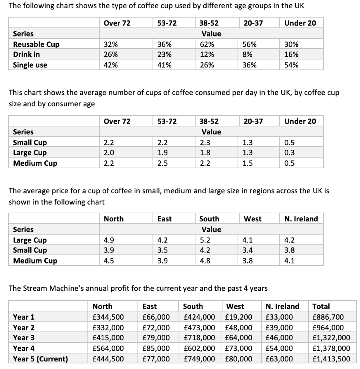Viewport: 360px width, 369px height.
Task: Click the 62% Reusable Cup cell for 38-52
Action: [x=207, y=44]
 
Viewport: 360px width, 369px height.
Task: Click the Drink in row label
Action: [x=26, y=55]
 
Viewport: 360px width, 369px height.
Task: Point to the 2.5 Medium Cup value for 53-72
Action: [x=162, y=163]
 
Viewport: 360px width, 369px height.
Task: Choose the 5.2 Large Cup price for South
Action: [x=205, y=240]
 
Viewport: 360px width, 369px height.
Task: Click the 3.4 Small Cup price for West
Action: [x=248, y=250]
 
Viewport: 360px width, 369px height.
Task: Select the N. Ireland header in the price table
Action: [x=301, y=219]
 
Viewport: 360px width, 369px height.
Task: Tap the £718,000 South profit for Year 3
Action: [x=199, y=338]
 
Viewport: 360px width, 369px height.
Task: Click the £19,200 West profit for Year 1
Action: [x=238, y=317]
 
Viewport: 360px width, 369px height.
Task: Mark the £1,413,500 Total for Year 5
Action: [x=331, y=359]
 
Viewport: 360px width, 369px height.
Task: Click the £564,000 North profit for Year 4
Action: [x=108, y=348]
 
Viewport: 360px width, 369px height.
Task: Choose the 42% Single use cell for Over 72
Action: [x=110, y=65]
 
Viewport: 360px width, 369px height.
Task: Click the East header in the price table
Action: [x=165, y=219]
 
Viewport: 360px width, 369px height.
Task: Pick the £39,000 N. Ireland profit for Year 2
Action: [x=279, y=328]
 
